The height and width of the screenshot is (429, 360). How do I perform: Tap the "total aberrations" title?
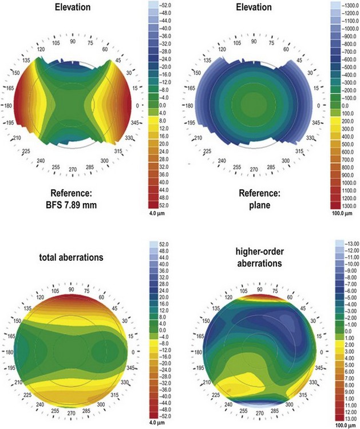71,257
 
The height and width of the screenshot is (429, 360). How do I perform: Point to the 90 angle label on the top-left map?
72,42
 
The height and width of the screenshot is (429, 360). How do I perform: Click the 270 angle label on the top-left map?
72,170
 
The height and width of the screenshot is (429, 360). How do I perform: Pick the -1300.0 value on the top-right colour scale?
342,5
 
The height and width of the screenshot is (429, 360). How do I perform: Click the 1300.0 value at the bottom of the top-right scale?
343,205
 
